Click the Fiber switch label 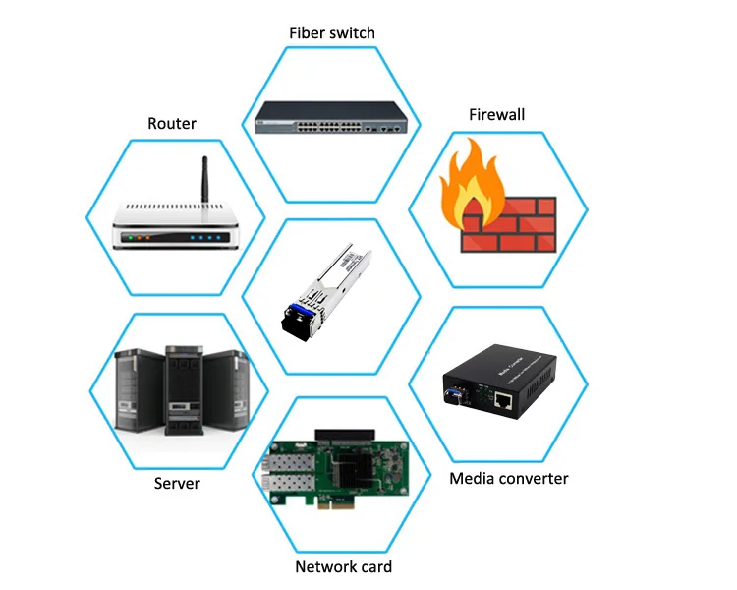click(x=331, y=33)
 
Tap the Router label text click(x=172, y=124)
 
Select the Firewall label click(x=496, y=115)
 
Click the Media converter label click(x=508, y=479)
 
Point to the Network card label click(x=343, y=566)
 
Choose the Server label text click(x=177, y=484)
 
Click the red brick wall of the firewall click(x=511, y=227)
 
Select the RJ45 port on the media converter click(x=505, y=400)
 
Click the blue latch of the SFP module click(x=294, y=316)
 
